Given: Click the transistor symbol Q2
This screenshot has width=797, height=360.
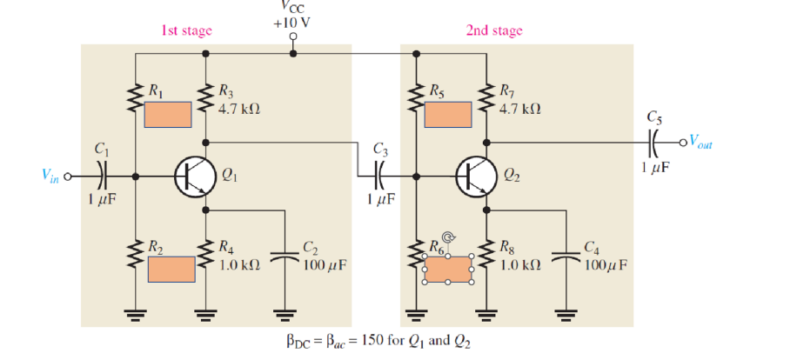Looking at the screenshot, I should point(474,176).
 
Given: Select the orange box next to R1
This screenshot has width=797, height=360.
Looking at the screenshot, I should point(168,115).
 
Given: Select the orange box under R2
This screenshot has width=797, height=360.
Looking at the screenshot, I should point(171,269).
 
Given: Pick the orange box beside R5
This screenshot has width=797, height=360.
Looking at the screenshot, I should point(448,114).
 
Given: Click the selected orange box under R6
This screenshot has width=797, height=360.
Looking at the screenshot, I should point(447,270).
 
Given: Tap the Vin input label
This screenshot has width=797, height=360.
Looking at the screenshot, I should point(51,175).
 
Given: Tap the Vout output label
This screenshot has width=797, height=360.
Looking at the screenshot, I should point(701,143).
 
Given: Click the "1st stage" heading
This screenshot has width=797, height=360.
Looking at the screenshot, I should point(186,31).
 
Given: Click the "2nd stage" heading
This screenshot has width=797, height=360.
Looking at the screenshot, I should point(494,31).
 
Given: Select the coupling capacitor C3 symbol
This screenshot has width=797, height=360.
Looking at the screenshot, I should point(379,176).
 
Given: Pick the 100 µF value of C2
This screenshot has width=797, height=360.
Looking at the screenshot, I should point(325,263).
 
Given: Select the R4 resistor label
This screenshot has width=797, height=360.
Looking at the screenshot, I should point(224,247).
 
